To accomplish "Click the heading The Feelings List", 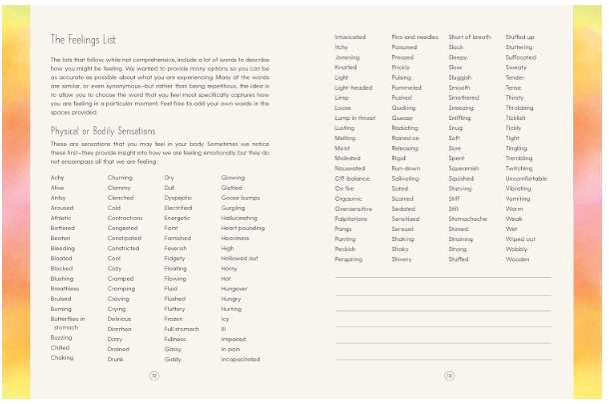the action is click(x=85, y=40).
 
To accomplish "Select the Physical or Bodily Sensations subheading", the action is click(x=103, y=130).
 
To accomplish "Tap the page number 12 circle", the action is click(x=154, y=375).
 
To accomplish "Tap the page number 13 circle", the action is click(x=449, y=375).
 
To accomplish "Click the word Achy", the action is click(x=57, y=177).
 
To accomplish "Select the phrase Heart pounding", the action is click(x=243, y=227).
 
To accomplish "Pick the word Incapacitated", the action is click(x=241, y=358).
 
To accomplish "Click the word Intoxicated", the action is click(x=350, y=36).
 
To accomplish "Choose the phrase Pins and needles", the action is click(x=413, y=36).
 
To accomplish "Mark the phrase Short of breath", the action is click(x=469, y=36).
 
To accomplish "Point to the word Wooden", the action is click(x=517, y=258).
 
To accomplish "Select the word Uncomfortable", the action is click(x=526, y=178).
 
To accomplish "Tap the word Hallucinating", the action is click(x=240, y=217).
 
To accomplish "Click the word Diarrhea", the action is click(x=119, y=328).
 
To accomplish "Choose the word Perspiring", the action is click(x=347, y=258).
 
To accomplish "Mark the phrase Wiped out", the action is click(x=520, y=238).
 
